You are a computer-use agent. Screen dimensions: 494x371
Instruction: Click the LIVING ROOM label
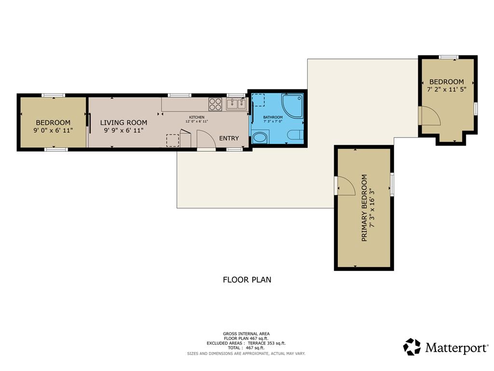123,123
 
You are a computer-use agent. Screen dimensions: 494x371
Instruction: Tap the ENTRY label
229,138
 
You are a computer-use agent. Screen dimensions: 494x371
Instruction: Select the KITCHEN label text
197,117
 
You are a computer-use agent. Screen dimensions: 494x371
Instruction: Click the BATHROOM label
273,117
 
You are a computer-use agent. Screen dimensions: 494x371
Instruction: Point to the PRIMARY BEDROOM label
364,208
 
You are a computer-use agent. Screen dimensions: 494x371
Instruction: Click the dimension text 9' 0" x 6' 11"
53,130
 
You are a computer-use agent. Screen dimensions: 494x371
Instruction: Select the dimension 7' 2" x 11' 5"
446,89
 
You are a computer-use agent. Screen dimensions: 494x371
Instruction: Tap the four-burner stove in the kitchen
215,104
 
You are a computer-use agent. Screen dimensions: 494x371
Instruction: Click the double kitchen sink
236,104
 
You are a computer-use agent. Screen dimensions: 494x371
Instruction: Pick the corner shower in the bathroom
293,106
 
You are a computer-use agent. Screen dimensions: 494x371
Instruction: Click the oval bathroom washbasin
260,138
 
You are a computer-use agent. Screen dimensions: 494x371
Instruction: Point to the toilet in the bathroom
296,135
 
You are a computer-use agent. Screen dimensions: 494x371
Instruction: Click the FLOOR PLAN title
247,280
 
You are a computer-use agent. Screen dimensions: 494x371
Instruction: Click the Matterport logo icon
412,347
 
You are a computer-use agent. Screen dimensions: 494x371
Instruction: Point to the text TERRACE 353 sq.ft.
266,343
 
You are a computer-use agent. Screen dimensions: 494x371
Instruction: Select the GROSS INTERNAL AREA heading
247,334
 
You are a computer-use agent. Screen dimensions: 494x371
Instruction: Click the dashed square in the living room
173,141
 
